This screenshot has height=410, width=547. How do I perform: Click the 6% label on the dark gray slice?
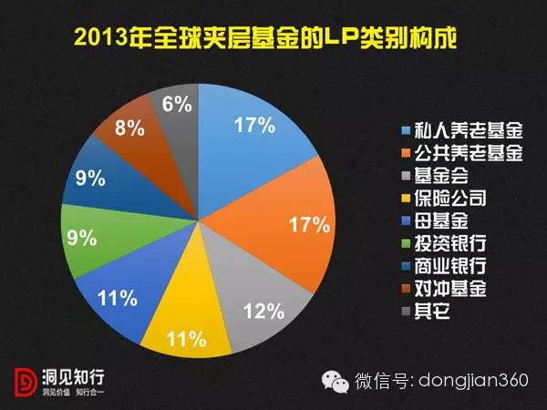coord(176,105)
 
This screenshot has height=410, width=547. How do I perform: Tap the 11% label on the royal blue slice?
coord(119,297)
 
